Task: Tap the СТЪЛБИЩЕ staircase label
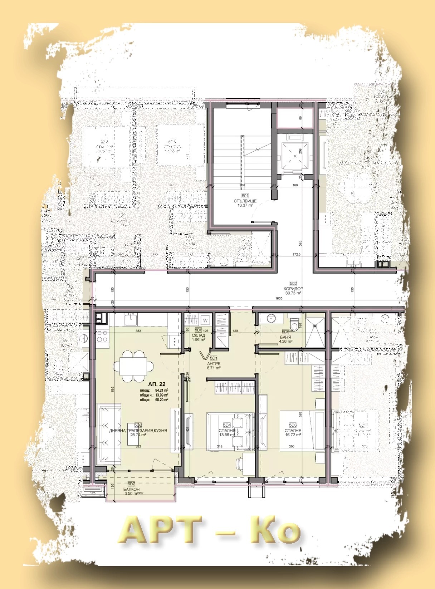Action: tap(245, 201)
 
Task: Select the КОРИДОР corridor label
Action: tap(293, 289)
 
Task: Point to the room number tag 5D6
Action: tap(198, 330)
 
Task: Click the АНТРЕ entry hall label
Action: tap(214, 363)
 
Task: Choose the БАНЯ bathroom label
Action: tap(285, 337)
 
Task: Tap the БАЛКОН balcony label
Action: tap(131, 489)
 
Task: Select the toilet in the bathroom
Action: tap(294, 324)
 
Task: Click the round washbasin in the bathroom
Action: tap(271, 318)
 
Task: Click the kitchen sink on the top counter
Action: tap(131, 319)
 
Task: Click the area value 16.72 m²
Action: tap(293, 435)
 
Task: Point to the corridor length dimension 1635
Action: tap(279, 298)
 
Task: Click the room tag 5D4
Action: tap(227, 425)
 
